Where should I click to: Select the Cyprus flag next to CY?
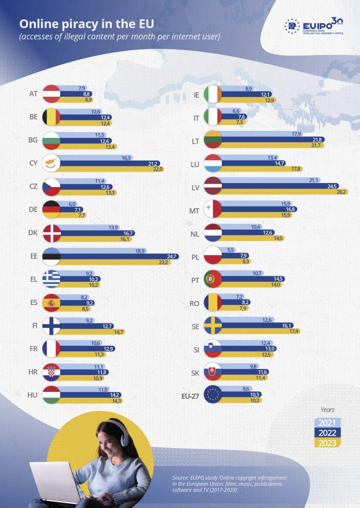click(x=52, y=162)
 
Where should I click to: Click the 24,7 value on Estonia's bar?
click(x=172, y=256)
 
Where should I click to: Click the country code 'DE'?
click(x=33, y=209)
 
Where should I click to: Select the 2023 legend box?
click(x=326, y=443)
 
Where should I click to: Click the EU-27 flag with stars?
click(x=213, y=394)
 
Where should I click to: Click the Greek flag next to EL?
click(x=52, y=279)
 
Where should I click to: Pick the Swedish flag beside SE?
click(x=213, y=325)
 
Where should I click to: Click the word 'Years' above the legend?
click(x=327, y=410)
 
